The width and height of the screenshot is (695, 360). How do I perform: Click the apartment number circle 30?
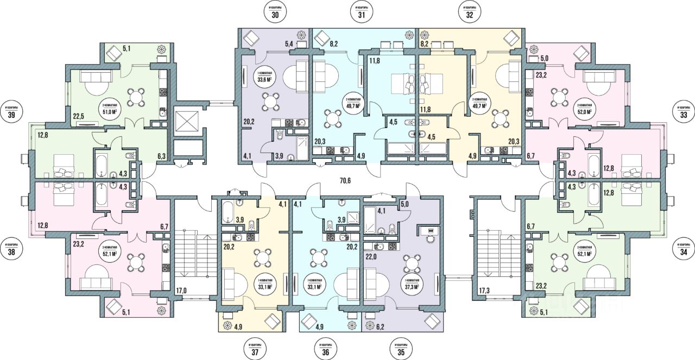275,15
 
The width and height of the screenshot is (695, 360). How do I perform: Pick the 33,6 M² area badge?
264,79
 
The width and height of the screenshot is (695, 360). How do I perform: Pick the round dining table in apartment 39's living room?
135,96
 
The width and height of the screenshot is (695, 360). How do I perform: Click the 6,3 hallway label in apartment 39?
162,156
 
